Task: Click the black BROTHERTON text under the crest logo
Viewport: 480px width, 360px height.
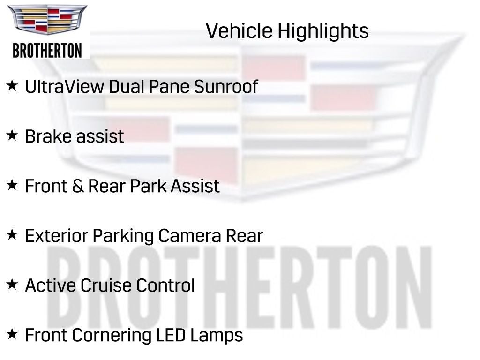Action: click(x=47, y=50)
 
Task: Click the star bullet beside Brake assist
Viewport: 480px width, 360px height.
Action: click(x=12, y=135)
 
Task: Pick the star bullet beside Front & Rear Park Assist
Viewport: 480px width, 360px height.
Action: click(x=12, y=185)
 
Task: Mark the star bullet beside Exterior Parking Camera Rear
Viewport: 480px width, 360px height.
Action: click(x=12, y=234)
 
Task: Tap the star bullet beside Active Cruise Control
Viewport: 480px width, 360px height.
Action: click(x=12, y=284)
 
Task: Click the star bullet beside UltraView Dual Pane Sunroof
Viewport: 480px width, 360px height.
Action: click(x=12, y=86)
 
